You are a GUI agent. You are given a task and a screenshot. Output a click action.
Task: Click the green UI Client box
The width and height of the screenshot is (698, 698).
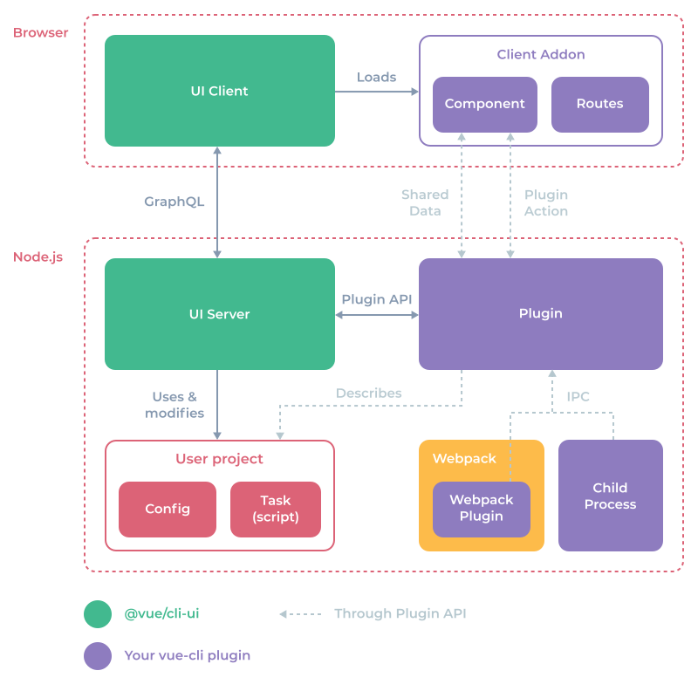[219, 91]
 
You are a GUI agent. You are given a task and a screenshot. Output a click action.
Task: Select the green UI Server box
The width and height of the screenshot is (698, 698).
[219, 314]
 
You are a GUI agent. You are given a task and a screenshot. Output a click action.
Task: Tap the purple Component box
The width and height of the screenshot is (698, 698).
[484, 104]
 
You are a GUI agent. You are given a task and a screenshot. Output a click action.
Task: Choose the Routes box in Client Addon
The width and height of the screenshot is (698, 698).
[599, 104]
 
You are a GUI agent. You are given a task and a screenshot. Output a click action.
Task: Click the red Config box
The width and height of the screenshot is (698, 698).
[168, 509]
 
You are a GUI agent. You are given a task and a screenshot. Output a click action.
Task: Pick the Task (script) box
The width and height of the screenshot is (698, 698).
[276, 509]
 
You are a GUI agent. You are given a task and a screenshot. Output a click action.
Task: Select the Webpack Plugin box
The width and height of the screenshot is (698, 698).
[482, 509]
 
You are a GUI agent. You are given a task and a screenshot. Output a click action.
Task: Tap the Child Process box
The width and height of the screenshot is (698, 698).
[610, 496]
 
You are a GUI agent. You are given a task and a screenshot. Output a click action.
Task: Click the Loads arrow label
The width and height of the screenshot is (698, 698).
[376, 77]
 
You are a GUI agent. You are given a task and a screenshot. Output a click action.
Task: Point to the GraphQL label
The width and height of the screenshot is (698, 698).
[174, 202]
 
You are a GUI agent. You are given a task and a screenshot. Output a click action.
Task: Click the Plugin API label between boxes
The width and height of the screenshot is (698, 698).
[376, 299]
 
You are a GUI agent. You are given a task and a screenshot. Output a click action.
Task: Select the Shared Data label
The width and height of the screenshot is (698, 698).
[425, 202]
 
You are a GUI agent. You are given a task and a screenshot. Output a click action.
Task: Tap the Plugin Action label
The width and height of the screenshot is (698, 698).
[546, 202]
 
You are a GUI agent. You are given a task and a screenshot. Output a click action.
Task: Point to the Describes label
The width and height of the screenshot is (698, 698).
[368, 393]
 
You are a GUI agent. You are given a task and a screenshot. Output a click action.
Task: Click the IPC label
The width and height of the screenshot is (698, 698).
[578, 396]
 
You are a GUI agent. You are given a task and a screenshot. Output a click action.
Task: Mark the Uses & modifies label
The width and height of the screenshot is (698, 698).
[174, 405]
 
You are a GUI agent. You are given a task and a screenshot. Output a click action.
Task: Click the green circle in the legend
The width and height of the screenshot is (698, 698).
[98, 613]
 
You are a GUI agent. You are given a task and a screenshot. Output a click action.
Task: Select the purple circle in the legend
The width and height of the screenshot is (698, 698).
[98, 655]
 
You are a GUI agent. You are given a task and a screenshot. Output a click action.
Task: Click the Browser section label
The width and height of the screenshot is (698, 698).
[40, 33]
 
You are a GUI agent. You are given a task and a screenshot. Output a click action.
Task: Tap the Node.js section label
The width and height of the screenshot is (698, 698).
[38, 257]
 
